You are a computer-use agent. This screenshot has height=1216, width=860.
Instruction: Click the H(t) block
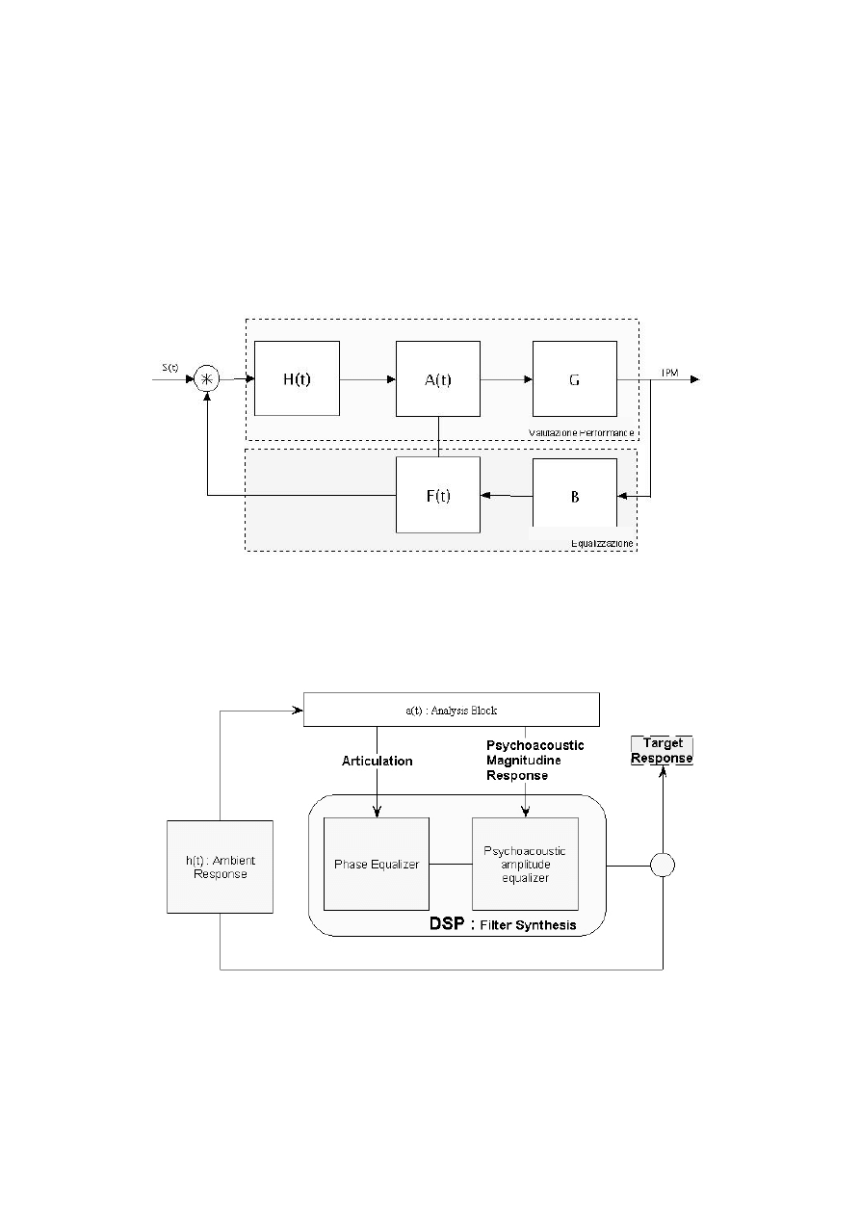click(297, 378)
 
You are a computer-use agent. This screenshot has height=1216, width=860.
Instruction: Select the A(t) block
click(438, 378)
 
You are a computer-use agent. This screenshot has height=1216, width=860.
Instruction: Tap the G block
click(574, 378)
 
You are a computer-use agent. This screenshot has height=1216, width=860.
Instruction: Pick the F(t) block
click(438, 495)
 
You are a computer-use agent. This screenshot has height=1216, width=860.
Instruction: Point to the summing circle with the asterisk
click(207, 378)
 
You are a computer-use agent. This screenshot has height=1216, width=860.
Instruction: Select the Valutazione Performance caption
click(581, 432)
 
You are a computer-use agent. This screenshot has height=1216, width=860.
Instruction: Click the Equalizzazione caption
click(601, 543)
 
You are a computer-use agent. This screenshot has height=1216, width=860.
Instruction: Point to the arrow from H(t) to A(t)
click(367, 378)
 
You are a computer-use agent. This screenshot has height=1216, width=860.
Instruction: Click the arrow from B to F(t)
click(506, 495)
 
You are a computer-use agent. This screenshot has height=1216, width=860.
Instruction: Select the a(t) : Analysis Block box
click(451, 710)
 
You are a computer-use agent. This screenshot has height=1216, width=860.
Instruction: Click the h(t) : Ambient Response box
click(221, 867)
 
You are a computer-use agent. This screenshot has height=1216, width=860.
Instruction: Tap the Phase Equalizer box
click(377, 864)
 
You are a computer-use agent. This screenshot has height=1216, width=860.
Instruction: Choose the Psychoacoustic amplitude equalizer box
click(525, 864)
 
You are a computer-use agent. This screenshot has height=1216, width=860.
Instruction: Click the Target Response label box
click(662, 750)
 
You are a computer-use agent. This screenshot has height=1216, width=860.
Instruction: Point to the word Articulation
click(377, 761)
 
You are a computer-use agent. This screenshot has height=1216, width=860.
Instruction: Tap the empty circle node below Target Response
click(662, 865)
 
